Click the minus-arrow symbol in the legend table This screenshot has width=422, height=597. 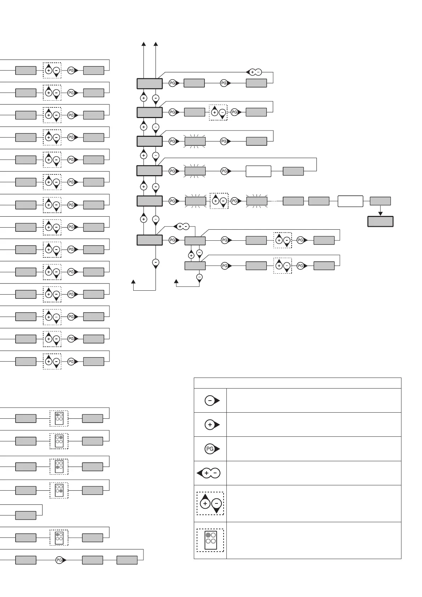pyautogui.click(x=212, y=401)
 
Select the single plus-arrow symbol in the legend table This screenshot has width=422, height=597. pyautogui.click(x=212, y=425)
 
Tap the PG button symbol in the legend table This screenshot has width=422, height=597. pyautogui.click(x=212, y=449)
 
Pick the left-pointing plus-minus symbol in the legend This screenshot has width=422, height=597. pyautogui.click(x=209, y=473)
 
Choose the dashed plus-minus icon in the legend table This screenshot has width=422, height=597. pyautogui.click(x=210, y=503)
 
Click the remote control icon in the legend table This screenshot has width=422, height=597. pyautogui.click(x=210, y=540)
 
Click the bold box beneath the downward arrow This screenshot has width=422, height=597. pyautogui.click(x=380, y=222)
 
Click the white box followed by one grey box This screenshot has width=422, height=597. pyautogui.click(x=258, y=171)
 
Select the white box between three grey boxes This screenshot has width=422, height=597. pyautogui.click(x=350, y=201)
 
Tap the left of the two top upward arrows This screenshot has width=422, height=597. pyautogui.click(x=144, y=44)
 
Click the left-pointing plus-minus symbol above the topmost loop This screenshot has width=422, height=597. pyautogui.click(x=254, y=72)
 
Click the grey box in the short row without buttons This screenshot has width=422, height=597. pyautogui.click(x=26, y=515)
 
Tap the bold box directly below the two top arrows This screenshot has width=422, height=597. pyautogui.click(x=150, y=84)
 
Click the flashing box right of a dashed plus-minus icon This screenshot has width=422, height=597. pyautogui.click(x=257, y=201)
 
